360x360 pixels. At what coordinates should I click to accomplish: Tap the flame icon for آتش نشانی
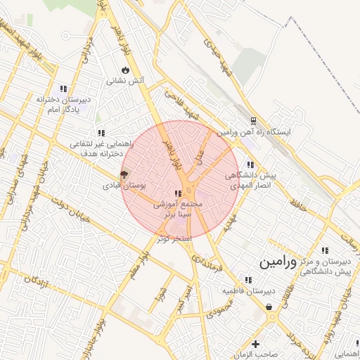point(125,70)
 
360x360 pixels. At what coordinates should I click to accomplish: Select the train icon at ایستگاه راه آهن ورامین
point(255,120)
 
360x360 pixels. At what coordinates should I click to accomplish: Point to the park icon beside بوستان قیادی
point(124,174)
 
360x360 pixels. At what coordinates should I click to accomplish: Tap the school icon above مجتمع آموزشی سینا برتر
point(177,193)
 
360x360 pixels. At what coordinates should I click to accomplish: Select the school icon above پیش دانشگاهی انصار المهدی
point(250,165)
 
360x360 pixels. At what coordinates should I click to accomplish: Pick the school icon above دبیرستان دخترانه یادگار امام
point(63,89)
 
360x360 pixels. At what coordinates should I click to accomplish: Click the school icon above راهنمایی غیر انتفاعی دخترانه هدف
point(101,133)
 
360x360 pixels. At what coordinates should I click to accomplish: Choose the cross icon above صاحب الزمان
point(255,345)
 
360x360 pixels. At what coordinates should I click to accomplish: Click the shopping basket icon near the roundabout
point(270,307)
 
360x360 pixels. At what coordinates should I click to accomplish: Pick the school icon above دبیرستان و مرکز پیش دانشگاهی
point(324,250)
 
